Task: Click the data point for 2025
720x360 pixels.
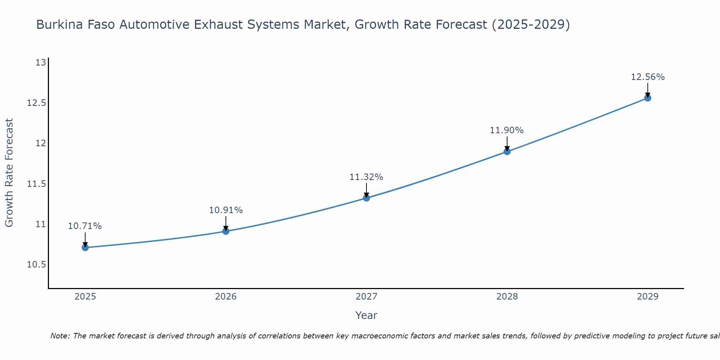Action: [x=85, y=247]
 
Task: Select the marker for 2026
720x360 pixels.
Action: [x=226, y=231]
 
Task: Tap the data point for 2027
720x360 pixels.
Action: [x=366, y=198]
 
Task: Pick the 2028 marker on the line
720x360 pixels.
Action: [x=507, y=152]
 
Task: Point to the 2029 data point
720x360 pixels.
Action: [x=648, y=98]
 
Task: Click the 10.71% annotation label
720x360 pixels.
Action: [x=85, y=226]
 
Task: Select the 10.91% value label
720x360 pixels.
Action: [x=226, y=210]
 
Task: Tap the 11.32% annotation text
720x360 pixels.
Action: [x=366, y=177]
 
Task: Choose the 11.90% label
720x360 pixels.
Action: [x=507, y=130]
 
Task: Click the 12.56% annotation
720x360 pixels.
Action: [x=648, y=77]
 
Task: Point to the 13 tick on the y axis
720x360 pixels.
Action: [x=41, y=63]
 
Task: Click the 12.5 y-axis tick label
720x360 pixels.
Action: [x=37, y=103]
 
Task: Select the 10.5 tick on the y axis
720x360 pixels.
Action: [x=37, y=265]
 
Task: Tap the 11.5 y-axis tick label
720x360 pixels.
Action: [x=37, y=184]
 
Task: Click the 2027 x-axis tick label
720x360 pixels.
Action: [x=366, y=297]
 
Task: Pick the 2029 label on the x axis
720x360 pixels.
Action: [x=648, y=297]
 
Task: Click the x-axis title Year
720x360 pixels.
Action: [x=366, y=315]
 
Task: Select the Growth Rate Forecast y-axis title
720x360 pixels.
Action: [x=9, y=173]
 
